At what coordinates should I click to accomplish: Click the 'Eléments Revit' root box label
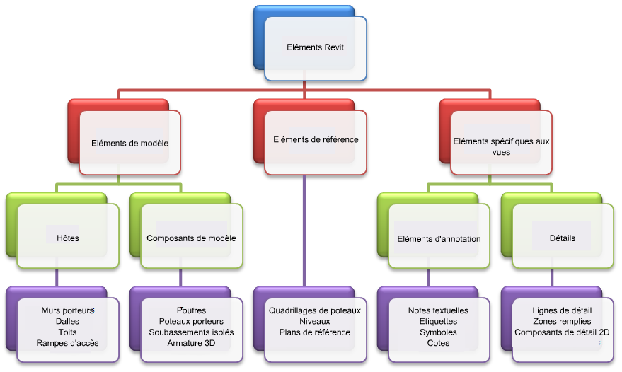316,47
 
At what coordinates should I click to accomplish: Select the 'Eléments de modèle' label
129,143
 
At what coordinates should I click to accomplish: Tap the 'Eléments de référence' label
316,139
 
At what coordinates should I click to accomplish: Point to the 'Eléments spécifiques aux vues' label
502,146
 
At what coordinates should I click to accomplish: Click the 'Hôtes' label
68,238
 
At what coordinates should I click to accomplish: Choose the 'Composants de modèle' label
191,238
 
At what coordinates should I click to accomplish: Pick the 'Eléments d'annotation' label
439,239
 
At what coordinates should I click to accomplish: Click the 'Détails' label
563,238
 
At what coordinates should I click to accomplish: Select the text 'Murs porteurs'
68,310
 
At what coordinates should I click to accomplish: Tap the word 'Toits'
67,332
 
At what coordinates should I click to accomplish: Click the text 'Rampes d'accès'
67,343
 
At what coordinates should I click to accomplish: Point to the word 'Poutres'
191,310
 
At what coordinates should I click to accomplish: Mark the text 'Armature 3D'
191,343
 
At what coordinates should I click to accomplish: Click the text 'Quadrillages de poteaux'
315,310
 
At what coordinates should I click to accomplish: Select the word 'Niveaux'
315,321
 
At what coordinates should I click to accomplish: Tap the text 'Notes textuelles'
438,310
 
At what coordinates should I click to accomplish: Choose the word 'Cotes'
438,343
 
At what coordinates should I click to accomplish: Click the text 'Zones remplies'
562,321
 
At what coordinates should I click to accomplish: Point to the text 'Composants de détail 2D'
562,332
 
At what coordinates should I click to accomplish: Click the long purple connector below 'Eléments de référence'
304,231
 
